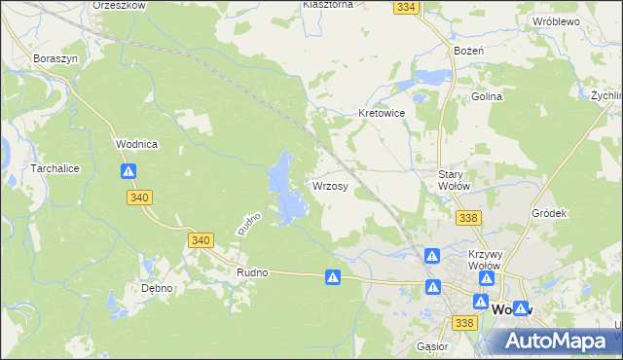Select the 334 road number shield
pyautogui.click(x=407, y=7)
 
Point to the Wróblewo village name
pyautogui.click(x=556, y=20)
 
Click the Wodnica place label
pyautogui.click(x=136, y=144)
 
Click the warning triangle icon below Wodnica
pyautogui.click(x=128, y=171)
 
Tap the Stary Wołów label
pyautogui.click(x=455, y=180)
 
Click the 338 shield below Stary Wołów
pyautogui.click(x=468, y=218)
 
